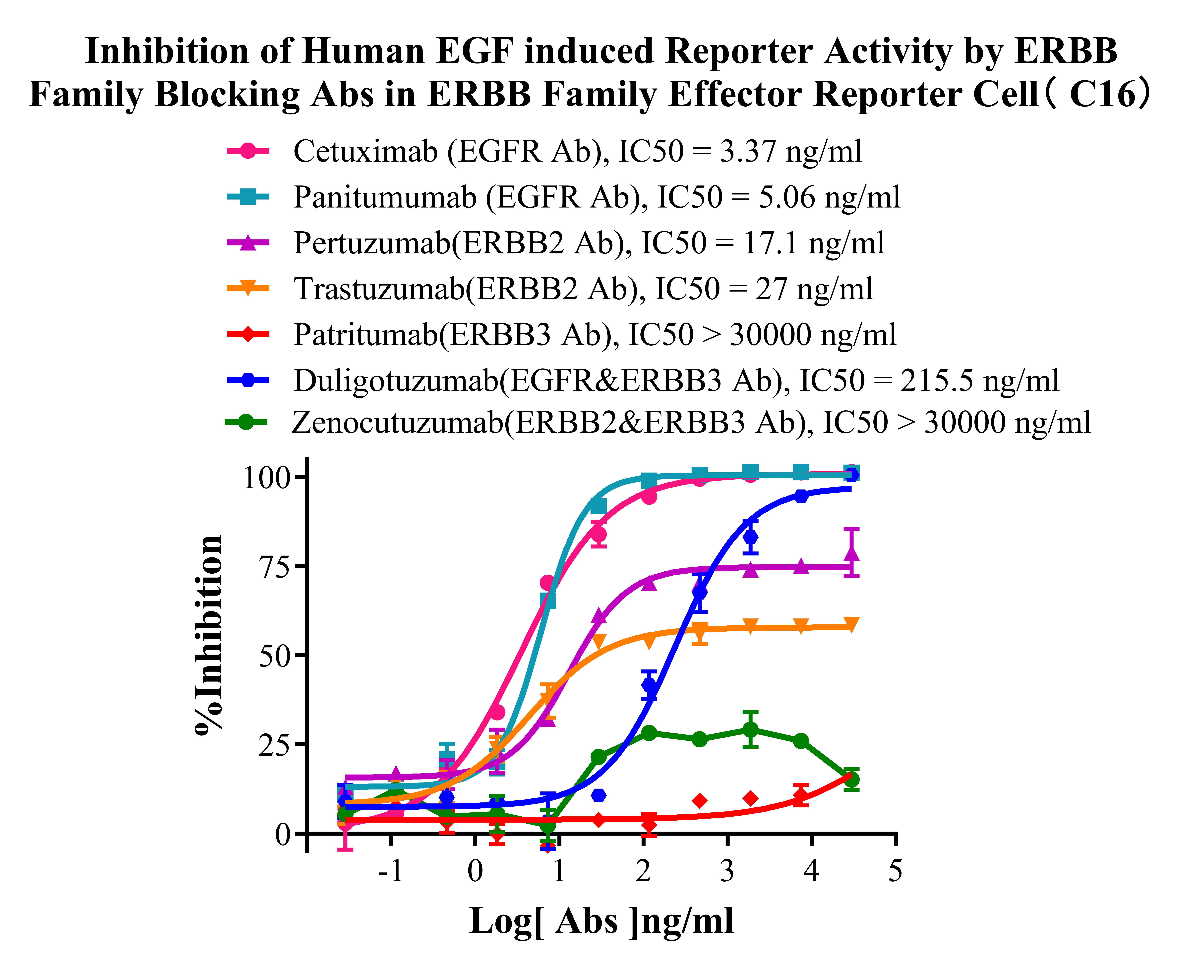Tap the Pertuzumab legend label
pos(589,243)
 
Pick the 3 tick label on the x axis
pos(727,871)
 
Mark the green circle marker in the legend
pos(246,422)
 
